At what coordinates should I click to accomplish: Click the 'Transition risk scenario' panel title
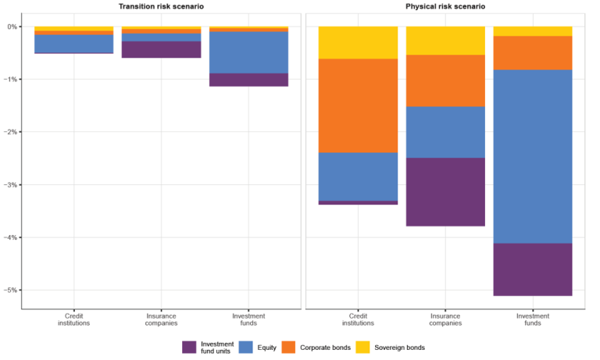coord(161,6)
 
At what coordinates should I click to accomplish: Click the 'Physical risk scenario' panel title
coord(445,6)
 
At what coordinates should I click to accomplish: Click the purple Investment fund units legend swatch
coord(190,347)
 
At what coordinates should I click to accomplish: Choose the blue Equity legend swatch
coord(246,347)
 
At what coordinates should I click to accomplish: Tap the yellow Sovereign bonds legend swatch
coord(364,347)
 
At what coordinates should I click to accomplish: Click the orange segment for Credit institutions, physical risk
coord(359,105)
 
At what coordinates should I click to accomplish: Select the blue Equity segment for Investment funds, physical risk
coord(532,156)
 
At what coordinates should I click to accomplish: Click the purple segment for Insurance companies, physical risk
coord(445,192)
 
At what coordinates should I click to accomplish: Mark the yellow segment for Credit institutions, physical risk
coord(359,42)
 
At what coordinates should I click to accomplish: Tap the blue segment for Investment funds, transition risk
coord(248,52)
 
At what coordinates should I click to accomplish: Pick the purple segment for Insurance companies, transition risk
coord(161,49)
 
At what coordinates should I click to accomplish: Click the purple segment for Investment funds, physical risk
coord(532,269)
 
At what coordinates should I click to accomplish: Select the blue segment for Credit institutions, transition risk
coord(73,44)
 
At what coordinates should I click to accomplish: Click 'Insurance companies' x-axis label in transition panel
coord(161,319)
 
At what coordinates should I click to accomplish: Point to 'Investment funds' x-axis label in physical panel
coord(532,319)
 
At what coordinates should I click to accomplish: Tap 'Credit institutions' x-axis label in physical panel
coord(359,319)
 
